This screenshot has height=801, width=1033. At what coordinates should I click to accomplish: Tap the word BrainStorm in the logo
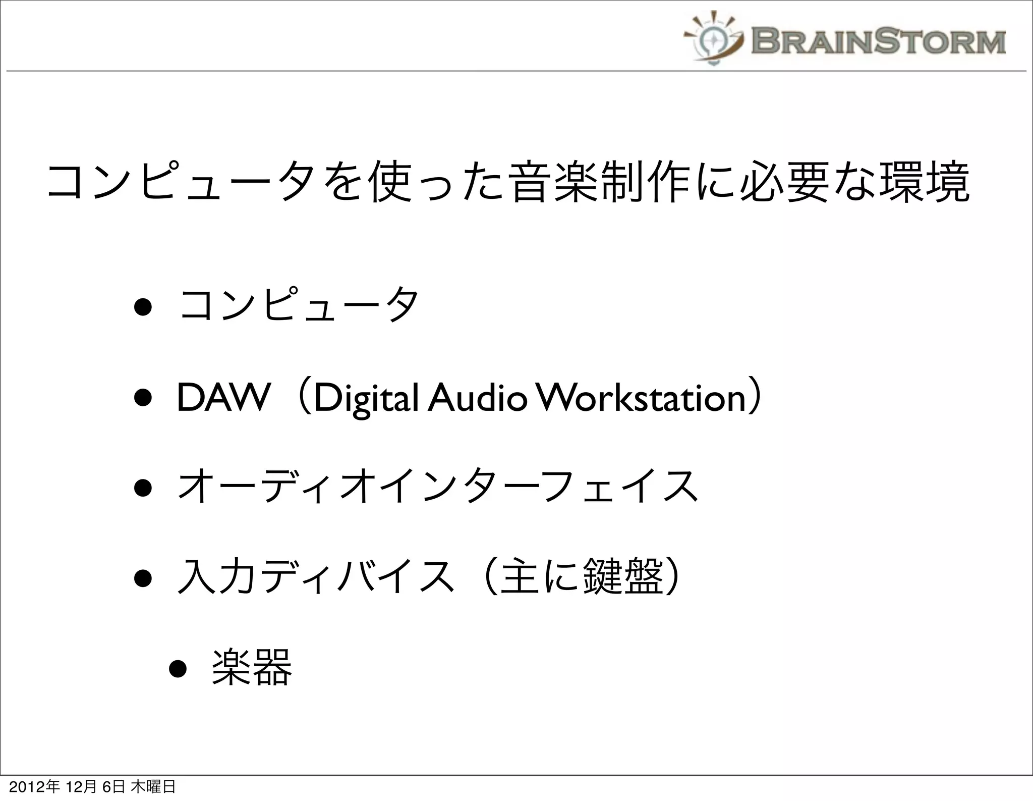click(x=878, y=41)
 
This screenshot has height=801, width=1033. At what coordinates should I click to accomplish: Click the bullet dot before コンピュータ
click(x=143, y=307)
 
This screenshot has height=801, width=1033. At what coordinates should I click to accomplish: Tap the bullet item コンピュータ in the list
click(x=299, y=306)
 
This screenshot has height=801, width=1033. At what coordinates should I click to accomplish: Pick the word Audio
click(x=477, y=398)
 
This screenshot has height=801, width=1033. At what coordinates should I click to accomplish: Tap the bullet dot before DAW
click(x=143, y=399)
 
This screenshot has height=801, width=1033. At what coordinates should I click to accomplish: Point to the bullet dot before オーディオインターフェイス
click(x=143, y=489)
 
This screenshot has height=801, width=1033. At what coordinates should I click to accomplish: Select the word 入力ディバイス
click(x=315, y=577)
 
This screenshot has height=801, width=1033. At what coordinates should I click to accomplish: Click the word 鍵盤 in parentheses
click(x=622, y=577)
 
